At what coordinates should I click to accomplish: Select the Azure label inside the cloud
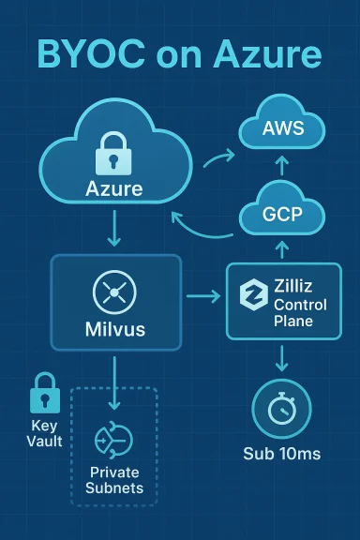click(113, 188)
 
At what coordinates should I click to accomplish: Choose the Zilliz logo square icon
click(252, 295)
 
